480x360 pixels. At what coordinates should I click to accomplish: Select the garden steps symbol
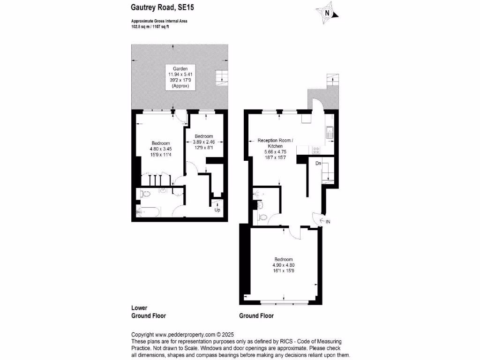point(220,77)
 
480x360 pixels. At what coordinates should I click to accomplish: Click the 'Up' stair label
point(217,210)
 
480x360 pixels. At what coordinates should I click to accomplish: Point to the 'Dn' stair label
point(318,163)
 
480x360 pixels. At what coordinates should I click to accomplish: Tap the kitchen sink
point(330,133)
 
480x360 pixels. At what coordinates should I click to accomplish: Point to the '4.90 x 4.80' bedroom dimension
point(284,265)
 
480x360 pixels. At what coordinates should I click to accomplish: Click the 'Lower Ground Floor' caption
point(148,312)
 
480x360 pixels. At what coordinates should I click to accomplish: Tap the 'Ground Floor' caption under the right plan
point(256,316)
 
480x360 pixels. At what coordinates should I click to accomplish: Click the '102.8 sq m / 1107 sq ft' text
point(150,27)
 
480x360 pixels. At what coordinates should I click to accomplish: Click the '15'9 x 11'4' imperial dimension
point(160,154)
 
